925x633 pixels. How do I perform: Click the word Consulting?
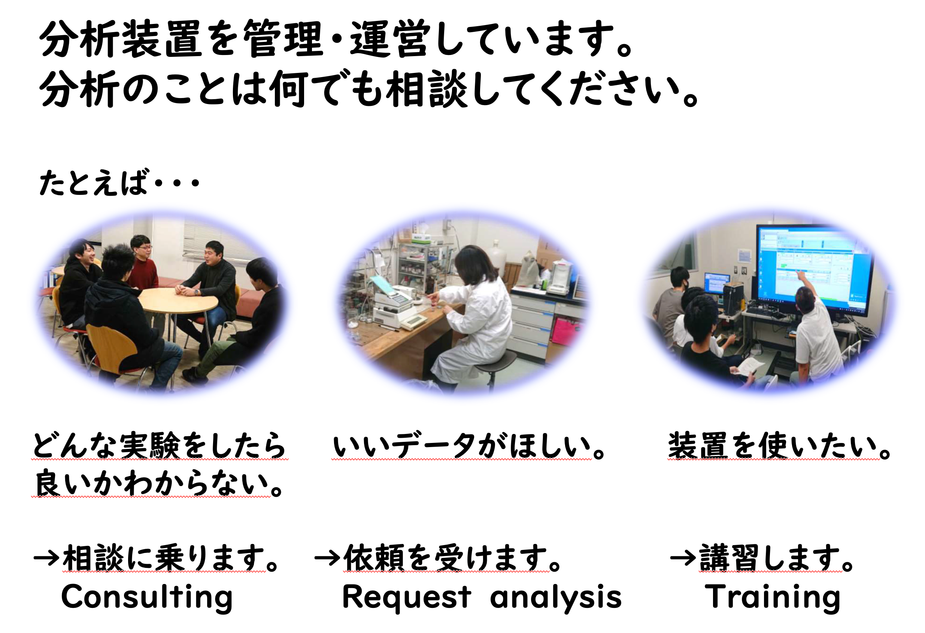(147, 597)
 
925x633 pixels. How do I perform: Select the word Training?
(772, 597)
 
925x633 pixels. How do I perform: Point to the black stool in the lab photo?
(494, 366)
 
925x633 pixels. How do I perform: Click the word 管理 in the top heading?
(283, 39)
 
